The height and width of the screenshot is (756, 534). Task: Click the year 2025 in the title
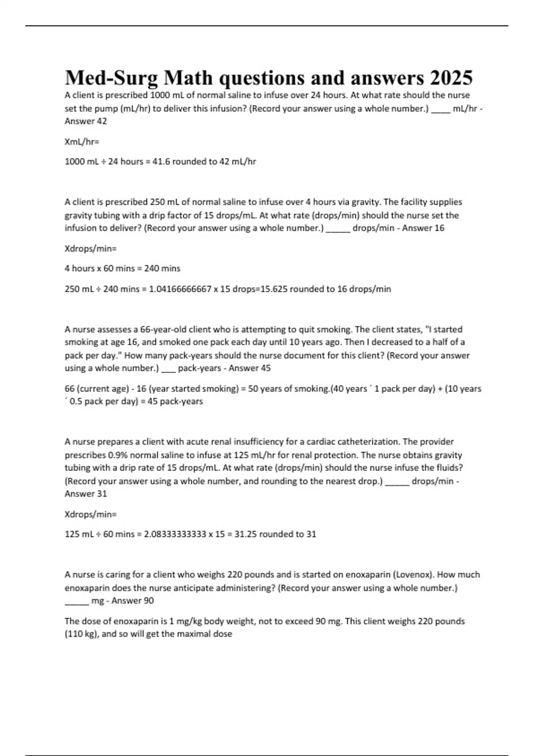pyautogui.click(x=451, y=78)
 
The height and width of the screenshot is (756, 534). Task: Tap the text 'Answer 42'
pyautogui.click(x=86, y=121)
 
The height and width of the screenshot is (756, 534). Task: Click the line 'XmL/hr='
pyautogui.click(x=82, y=142)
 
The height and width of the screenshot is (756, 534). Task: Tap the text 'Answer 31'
pyautogui.click(x=86, y=494)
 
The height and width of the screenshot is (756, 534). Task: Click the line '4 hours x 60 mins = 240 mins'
pyautogui.click(x=122, y=269)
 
